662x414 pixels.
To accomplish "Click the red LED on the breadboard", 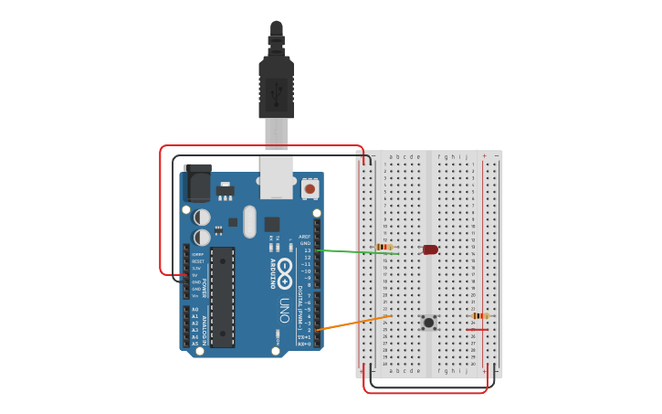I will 430,249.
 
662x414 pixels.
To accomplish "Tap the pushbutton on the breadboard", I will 428,322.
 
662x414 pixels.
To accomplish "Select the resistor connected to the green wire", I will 384,247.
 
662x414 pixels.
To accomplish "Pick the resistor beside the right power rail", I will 480,315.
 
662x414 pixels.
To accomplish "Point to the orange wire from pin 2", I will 352,323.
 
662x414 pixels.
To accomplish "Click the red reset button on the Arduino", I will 310,189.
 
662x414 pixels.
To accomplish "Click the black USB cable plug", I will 276,87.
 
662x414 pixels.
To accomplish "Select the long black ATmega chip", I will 222,297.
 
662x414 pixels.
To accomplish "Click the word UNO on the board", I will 284,311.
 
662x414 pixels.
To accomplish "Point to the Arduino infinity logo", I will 285,271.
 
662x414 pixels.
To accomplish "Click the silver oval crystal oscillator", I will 250,222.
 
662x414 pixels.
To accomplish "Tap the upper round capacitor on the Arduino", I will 203,217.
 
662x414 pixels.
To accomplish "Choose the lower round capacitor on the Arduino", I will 203,238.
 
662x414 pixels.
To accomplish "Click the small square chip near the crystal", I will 272,224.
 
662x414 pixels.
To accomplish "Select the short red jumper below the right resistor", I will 477,329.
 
